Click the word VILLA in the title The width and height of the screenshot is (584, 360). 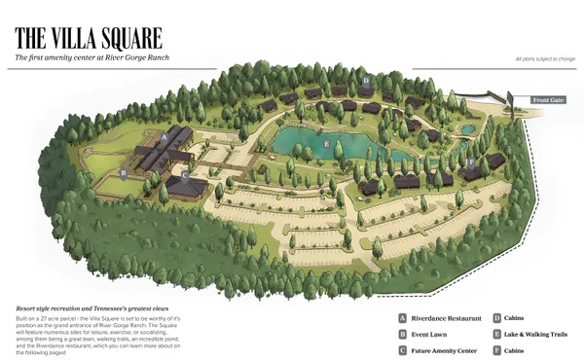coord(81,38)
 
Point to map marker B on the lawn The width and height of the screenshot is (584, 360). coord(124,173)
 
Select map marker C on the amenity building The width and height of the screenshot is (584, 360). coord(184,176)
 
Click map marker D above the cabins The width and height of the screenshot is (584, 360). coord(365,80)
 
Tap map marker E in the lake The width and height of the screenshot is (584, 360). coord(325,144)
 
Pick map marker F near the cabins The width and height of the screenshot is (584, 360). coord(471,162)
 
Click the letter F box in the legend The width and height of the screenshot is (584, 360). coord(496,349)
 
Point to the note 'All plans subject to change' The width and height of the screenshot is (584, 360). coord(545,59)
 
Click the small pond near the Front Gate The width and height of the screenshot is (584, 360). coord(469,127)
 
